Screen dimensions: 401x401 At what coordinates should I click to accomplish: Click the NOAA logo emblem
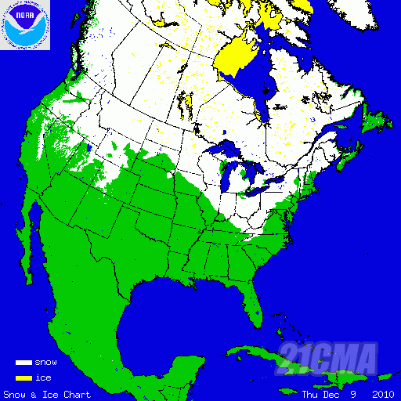tap(25, 25)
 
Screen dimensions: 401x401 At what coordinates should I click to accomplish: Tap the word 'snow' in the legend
tap(45, 363)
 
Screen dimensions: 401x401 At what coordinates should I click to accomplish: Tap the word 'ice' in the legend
tap(42, 378)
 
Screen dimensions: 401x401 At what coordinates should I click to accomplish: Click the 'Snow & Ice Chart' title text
tap(47, 394)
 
